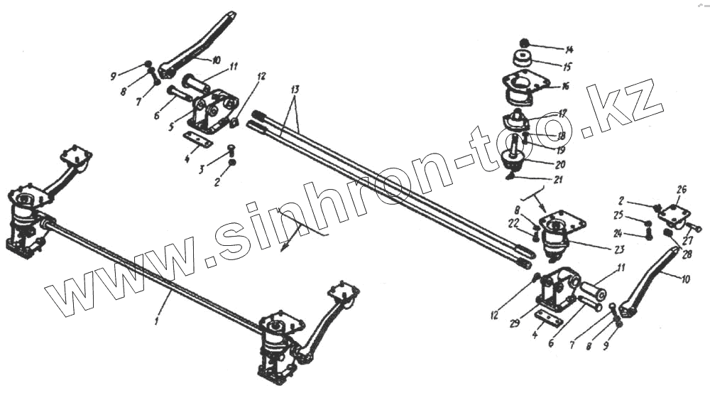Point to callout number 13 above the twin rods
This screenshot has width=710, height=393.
(x=295, y=90)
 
